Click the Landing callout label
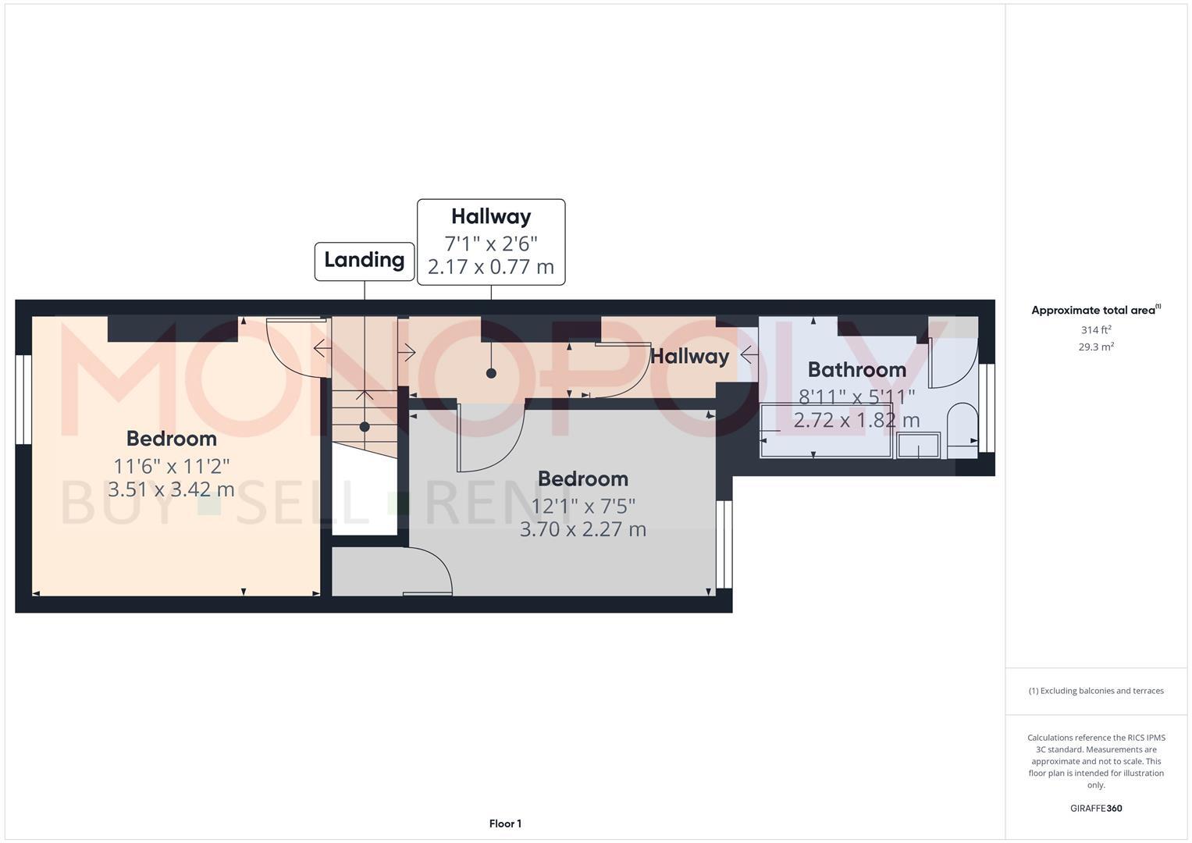point(364,261)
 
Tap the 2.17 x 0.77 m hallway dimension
point(490,267)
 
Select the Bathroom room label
point(856,370)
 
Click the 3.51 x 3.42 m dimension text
point(171,490)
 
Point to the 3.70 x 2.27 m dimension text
point(582,529)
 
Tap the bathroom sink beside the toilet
point(918,446)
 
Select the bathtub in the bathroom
point(826,430)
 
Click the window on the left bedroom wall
point(23,400)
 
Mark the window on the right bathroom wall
point(987,408)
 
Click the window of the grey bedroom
point(724,544)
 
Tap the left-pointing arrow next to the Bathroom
point(749,356)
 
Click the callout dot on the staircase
point(365,427)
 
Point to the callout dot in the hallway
point(491,373)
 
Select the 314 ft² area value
point(1096,330)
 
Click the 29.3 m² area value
point(1096,347)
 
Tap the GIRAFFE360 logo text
point(1095,809)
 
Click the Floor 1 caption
point(505,823)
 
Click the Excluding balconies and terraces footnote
point(1096,691)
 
